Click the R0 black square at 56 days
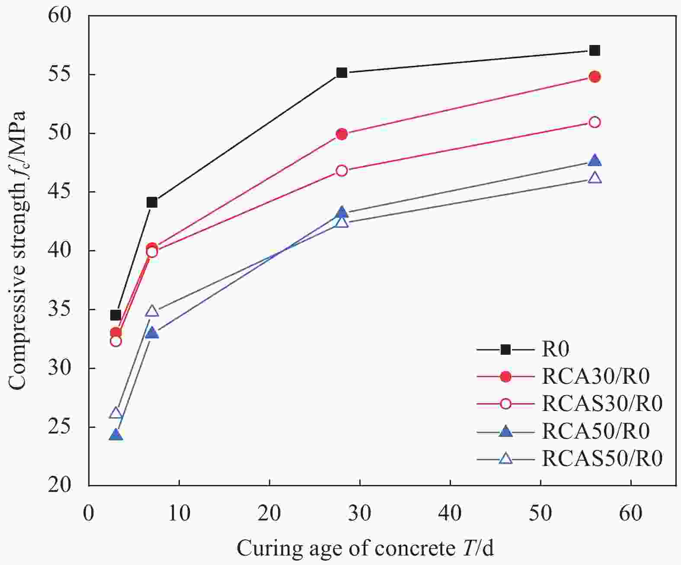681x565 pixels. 595,51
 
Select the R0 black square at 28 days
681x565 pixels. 342,73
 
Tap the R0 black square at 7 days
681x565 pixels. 152,202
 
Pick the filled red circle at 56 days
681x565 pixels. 595,77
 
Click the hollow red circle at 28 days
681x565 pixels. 342,170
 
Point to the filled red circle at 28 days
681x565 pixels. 342,134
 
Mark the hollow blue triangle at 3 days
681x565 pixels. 115,413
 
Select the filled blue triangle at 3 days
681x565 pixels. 115,435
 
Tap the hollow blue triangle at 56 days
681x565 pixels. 595,178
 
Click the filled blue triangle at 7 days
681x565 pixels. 152,333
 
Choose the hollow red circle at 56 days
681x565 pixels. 595,122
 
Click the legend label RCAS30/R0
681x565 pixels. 602,404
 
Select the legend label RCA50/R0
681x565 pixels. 595,431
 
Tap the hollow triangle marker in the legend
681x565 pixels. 505,458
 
